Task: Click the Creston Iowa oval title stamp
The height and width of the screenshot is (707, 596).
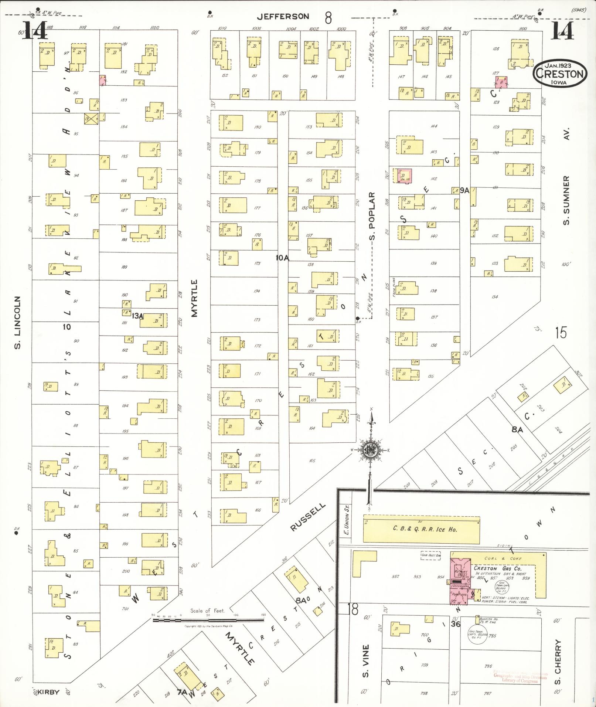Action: pyautogui.click(x=560, y=74)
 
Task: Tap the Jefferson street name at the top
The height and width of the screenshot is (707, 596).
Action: pyautogui.click(x=283, y=16)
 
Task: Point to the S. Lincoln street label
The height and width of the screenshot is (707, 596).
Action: pyautogui.click(x=17, y=322)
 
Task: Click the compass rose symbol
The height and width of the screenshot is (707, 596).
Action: pyautogui.click(x=369, y=449)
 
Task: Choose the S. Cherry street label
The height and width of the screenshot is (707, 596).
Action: pyautogui.click(x=558, y=662)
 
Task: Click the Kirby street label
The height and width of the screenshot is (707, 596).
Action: pyautogui.click(x=48, y=692)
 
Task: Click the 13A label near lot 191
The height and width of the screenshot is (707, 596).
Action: pyautogui.click(x=137, y=316)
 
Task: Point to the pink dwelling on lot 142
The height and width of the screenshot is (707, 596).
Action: pyautogui.click(x=403, y=176)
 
